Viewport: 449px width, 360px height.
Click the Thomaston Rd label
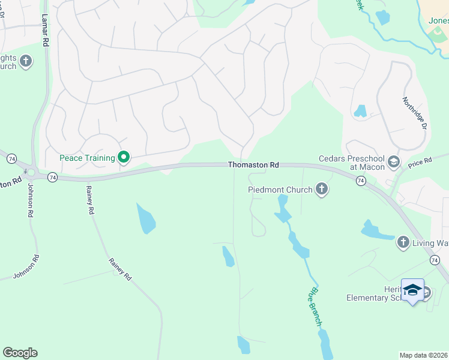coord(253,164)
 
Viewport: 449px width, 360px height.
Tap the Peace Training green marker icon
coord(124,158)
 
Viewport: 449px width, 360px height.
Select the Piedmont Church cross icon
coord(322,190)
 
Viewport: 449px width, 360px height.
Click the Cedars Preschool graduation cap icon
coord(394,161)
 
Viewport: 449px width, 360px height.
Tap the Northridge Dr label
coord(414,113)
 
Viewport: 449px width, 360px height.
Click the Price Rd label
coord(420,161)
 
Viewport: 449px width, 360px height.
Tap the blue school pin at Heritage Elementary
coord(412,290)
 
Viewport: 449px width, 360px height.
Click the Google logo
coord(20,353)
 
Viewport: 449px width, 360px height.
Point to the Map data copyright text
coord(424,355)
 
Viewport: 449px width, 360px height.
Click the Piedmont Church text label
coord(280,190)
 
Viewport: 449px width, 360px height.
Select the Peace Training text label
coord(87,158)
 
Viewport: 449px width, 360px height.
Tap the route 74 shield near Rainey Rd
coord(53,177)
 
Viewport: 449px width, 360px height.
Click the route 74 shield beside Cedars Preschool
coord(361,180)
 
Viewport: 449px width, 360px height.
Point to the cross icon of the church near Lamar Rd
coord(25,61)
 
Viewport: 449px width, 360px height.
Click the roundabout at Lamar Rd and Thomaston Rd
coord(31,173)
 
